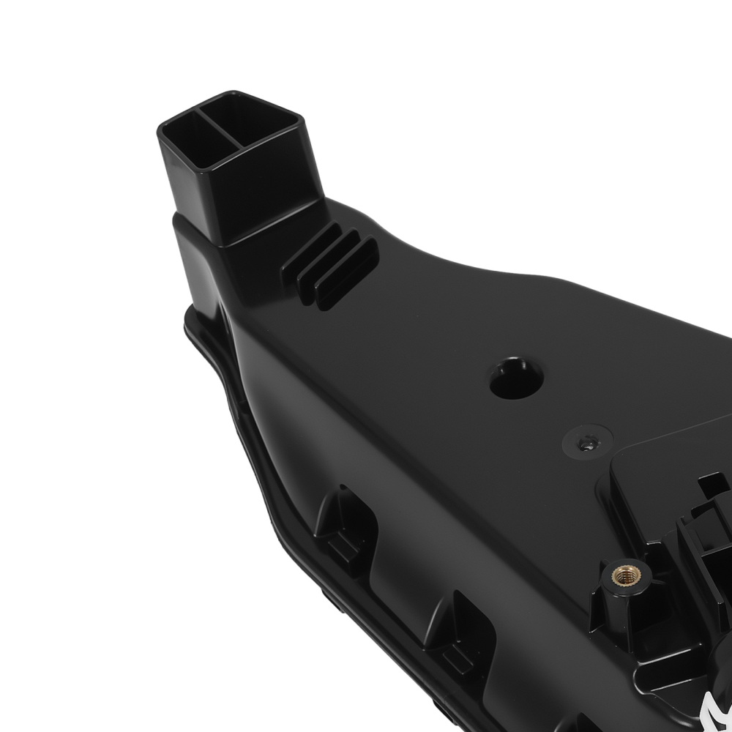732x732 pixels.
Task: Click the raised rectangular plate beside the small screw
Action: (659, 468)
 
